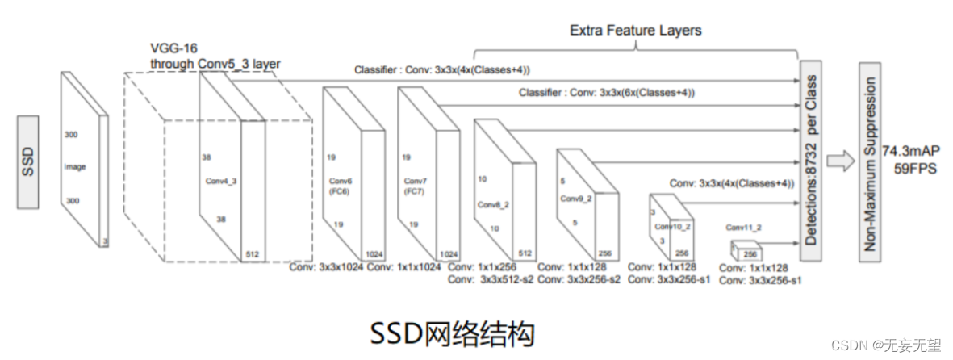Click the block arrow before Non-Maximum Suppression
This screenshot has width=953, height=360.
pyautogui.click(x=838, y=160)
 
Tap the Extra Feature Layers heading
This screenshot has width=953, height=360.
pyautogui.click(x=636, y=31)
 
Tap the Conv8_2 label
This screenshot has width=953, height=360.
pyautogui.click(x=491, y=204)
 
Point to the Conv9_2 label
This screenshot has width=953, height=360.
pyautogui.click(x=572, y=197)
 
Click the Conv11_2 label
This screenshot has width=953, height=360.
pyautogui.click(x=742, y=227)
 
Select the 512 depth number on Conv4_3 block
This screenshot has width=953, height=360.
pyautogui.click(x=253, y=254)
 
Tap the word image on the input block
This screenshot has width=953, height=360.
pyautogui.click(x=75, y=167)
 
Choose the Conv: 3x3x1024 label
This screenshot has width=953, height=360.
pyautogui.click(x=326, y=267)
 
